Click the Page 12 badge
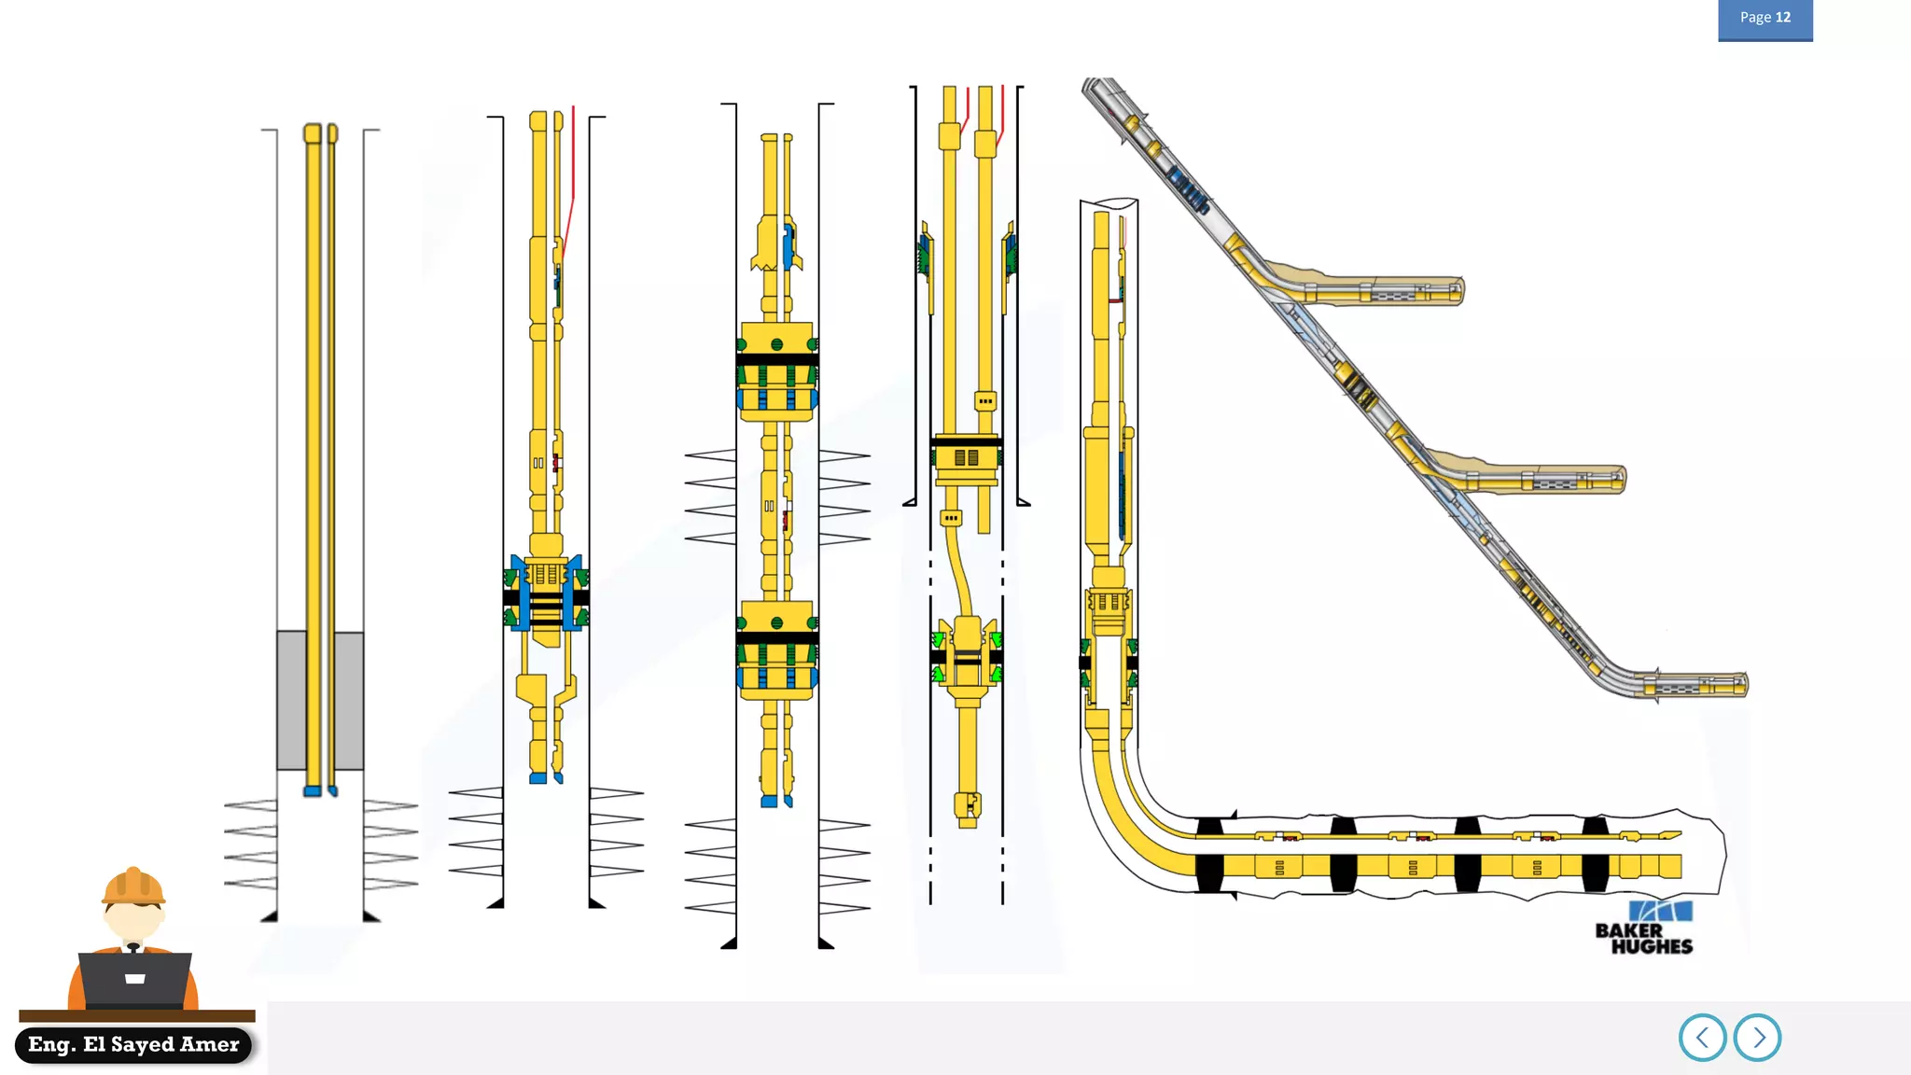(x=1765, y=19)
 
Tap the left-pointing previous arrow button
(x=1702, y=1038)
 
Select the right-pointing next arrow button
(x=1758, y=1038)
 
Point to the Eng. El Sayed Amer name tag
(x=133, y=1044)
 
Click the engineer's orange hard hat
(x=133, y=887)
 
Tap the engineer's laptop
(x=135, y=979)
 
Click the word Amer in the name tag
(x=211, y=1044)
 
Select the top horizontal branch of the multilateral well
(x=1381, y=292)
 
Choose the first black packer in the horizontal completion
(x=1209, y=854)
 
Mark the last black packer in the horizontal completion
(x=1595, y=854)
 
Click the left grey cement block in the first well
(x=291, y=700)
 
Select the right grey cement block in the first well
(x=349, y=700)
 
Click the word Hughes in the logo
(x=1652, y=946)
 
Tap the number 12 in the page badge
(x=1782, y=18)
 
